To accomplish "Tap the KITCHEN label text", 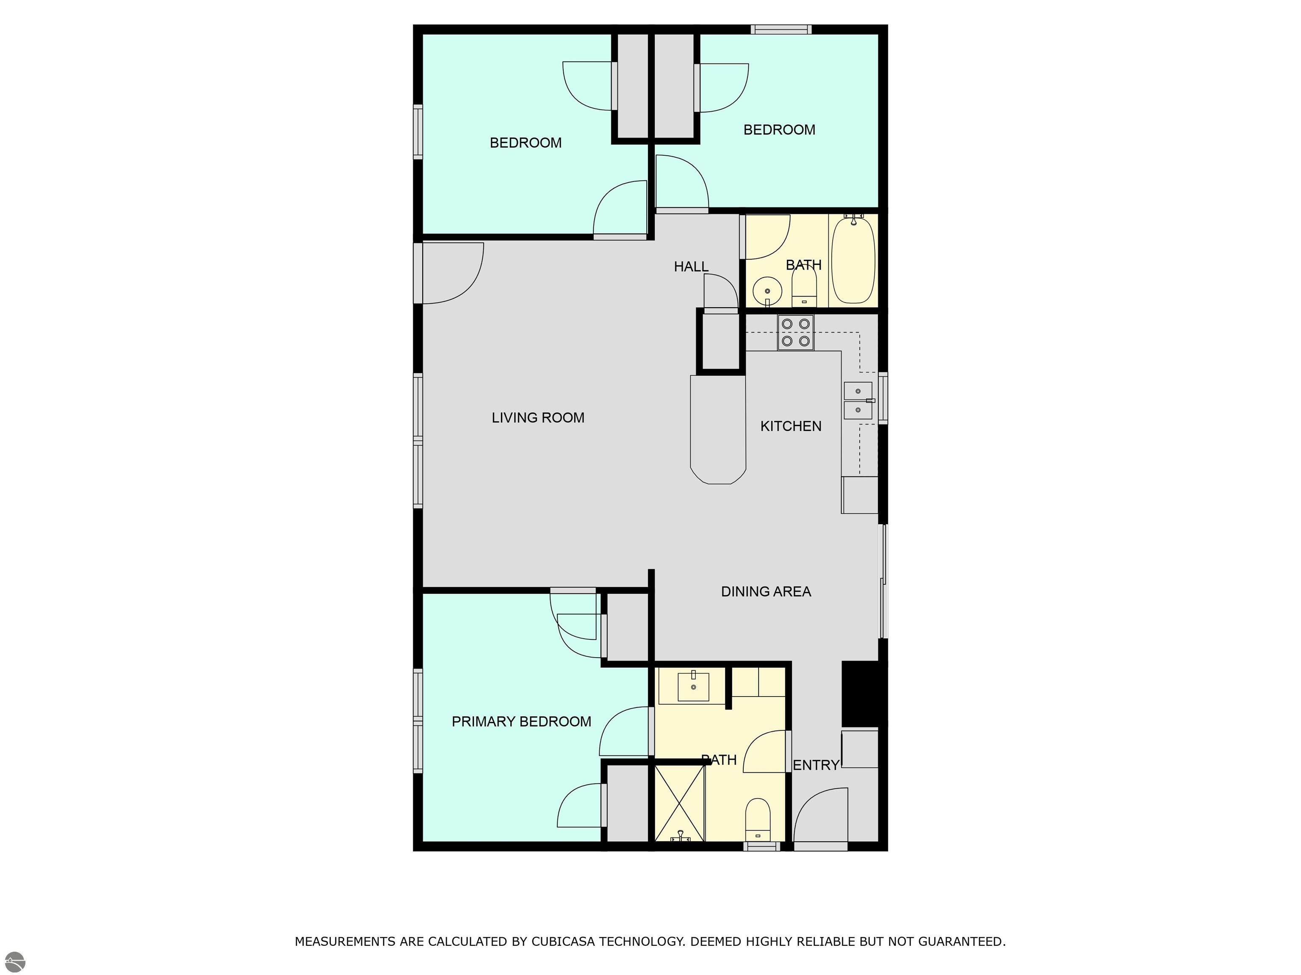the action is pyautogui.click(x=791, y=426).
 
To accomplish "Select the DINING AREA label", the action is pyautogui.click(x=766, y=592).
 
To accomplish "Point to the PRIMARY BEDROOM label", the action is pyautogui.click(x=521, y=722).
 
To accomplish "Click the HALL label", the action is pyautogui.click(x=691, y=267).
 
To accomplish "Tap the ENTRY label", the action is pyautogui.click(x=816, y=765).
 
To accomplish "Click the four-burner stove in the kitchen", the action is pyautogui.click(x=796, y=333).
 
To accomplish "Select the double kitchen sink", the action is pyautogui.click(x=858, y=400).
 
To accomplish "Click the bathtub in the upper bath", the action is pyautogui.click(x=853, y=260).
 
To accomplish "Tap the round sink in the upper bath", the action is pyautogui.click(x=767, y=291).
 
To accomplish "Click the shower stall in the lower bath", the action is pyautogui.click(x=680, y=803).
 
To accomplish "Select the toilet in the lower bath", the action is pyautogui.click(x=758, y=820).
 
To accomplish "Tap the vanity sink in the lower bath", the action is pyautogui.click(x=693, y=687).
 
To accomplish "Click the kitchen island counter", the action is pyautogui.click(x=718, y=430).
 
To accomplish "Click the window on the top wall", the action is pyautogui.click(x=781, y=29).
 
